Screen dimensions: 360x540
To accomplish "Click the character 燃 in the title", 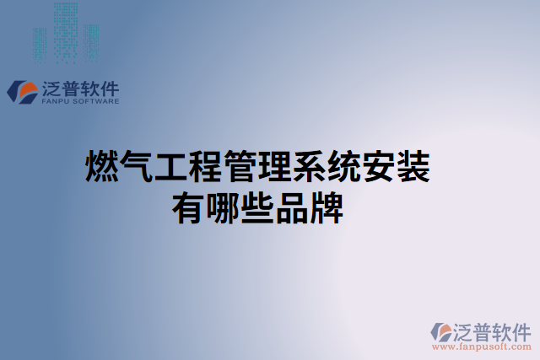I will (x=102, y=167).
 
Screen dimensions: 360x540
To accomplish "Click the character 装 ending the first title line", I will (x=413, y=167).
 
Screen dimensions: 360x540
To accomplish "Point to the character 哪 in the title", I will (x=223, y=207).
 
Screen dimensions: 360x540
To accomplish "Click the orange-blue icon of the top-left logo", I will (x=22, y=91).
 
